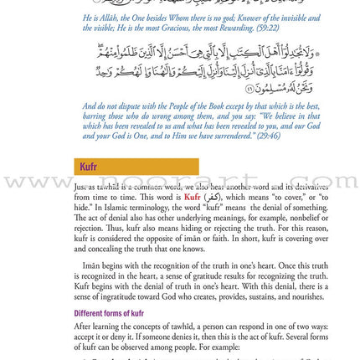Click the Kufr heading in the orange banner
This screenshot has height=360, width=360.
tap(89, 167)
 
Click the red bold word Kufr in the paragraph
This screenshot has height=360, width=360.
tap(192, 198)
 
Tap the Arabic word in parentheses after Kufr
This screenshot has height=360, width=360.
tap(213, 198)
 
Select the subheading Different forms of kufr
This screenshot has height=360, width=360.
tap(109, 314)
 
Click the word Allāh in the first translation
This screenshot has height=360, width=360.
tap(107, 17)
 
